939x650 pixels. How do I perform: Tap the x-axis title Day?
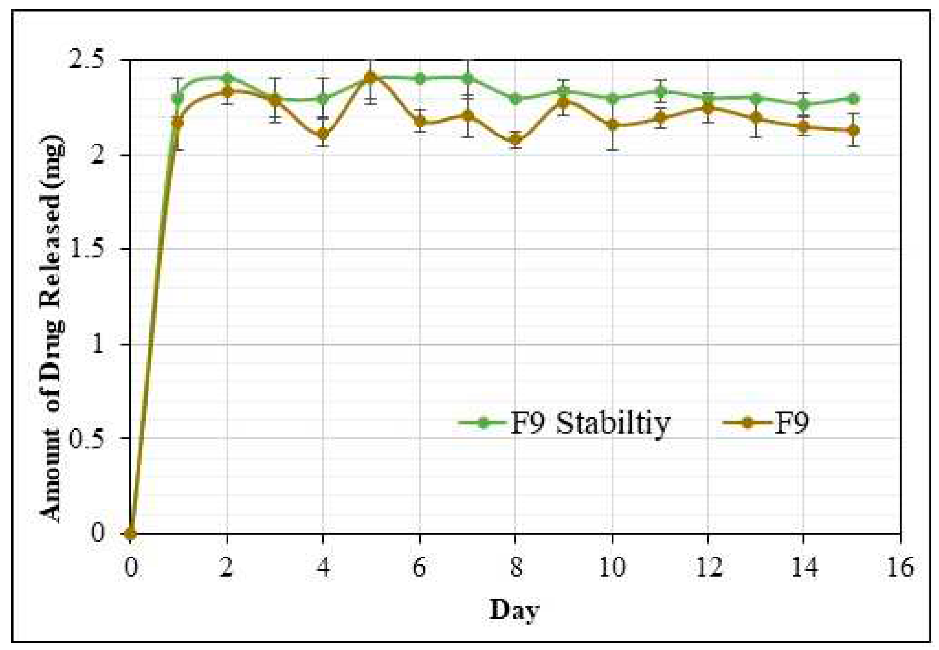point(514,610)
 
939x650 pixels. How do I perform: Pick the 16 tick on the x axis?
point(900,567)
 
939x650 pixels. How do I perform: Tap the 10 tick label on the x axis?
point(612,567)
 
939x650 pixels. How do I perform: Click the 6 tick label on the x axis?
point(419,567)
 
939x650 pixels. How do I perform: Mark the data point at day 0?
point(130,533)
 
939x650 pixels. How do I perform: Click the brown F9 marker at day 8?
point(516,140)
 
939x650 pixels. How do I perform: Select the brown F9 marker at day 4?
point(323,134)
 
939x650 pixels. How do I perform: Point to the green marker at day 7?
point(468,78)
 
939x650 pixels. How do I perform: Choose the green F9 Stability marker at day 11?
point(660,91)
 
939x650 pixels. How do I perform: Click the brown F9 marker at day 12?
point(709,108)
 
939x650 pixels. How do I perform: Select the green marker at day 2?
point(227,78)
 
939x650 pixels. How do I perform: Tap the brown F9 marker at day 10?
point(612,125)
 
